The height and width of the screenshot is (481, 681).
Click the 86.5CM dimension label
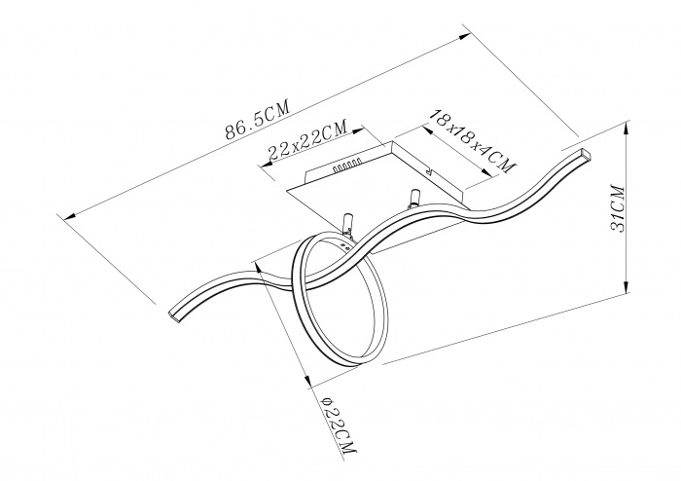(257, 122)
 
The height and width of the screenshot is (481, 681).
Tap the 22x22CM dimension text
(307, 139)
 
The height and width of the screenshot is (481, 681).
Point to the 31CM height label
(618, 209)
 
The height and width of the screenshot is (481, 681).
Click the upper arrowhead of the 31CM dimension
(626, 129)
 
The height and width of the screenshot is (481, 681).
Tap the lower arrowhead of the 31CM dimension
(626, 287)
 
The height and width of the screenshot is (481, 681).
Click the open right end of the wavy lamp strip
(587, 154)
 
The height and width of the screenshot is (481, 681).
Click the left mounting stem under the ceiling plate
(347, 222)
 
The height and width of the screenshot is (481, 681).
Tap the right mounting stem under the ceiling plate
(414, 198)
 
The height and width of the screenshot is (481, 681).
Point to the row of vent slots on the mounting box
(346, 164)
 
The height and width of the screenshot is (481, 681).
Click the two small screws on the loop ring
(347, 247)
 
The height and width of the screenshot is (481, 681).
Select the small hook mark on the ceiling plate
(430, 170)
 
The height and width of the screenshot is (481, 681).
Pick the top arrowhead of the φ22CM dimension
(260, 269)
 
